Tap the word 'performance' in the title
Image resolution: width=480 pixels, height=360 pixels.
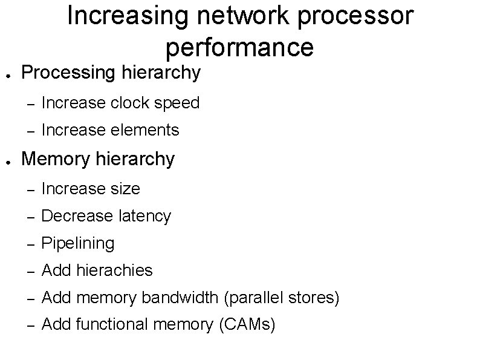tap(239, 47)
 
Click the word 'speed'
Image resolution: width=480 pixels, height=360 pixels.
tap(177, 103)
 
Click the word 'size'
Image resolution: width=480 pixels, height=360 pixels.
tap(126, 189)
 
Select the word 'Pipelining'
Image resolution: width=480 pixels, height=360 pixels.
tap(78, 243)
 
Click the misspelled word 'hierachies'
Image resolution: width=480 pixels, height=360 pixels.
tap(115, 270)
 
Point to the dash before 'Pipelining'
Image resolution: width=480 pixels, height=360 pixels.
tap(28, 243)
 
